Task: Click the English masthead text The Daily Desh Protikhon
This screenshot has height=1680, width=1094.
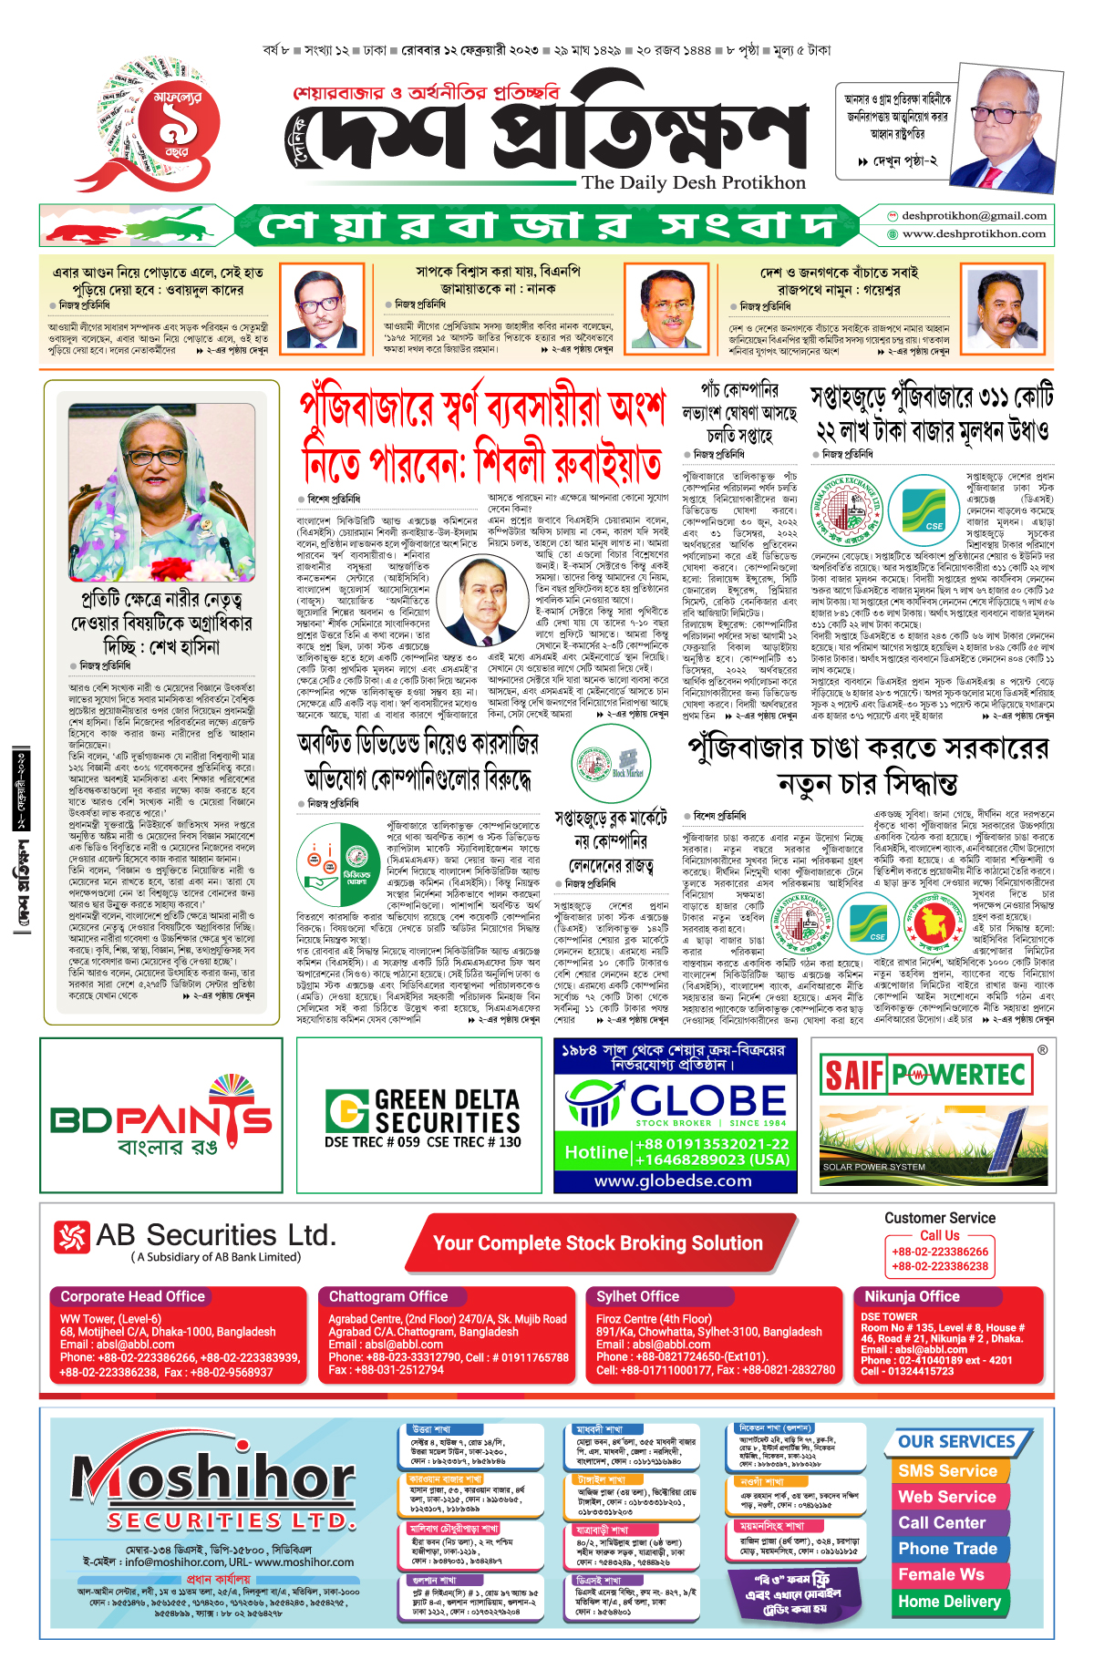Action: click(x=693, y=182)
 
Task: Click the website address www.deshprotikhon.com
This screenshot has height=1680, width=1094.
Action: click(x=974, y=234)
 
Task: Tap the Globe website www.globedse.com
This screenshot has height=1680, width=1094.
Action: click(x=674, y=1180)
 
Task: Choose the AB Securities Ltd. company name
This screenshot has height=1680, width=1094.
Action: click(x=215, y=1236)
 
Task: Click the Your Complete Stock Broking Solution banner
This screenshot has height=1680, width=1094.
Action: click(x=597, y=1243)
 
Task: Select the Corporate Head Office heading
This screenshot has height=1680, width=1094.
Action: click(x=132, y=1296)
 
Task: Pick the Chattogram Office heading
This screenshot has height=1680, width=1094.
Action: click(x=388, y=1296)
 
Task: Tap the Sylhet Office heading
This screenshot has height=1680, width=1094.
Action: click(x=637, y=1296)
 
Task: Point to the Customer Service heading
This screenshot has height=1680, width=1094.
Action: click(x=940, y=1218)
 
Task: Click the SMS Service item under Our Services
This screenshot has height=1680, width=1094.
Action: click(x=947, y=1470)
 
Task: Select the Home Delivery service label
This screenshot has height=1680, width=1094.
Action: click(x=948, y=1601)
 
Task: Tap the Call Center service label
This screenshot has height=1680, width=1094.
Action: click(x=942, y=1522)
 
